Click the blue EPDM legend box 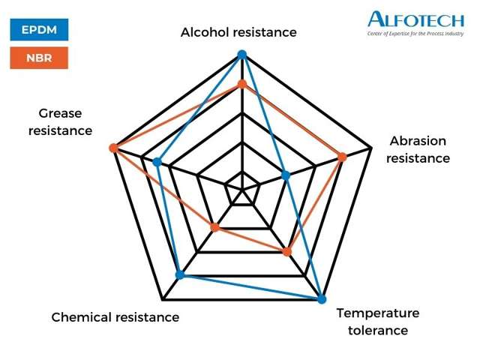pyautogui.click(x=39, y=30)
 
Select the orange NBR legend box pyautogui.click(x=39, y=58)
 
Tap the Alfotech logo pyautogui.click(x=416, y=24)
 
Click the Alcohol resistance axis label pyautogui.click(x=238, y=32)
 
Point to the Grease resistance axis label pyautogui.click(x=60, y=121)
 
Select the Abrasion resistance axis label pyautogui.click(x=418, y=149)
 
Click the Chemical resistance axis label pyautogui.click(x=115, y=317)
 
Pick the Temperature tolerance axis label pyautogui.click(x=378, y=322)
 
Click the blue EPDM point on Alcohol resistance pyautogui.click(x=242, y=55)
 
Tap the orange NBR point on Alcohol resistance pyautogui.click(x=242, y=84)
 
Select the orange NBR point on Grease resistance pyautogui.click(x=113, y=148)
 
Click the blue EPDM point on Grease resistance pyautogui.click(x=157, y=162)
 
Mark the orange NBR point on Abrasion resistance pyautogui.click(x=342, y=157)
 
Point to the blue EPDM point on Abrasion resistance pyautogui.click(x=286, y=175)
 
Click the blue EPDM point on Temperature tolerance pyautogui.click(x=322, y=299)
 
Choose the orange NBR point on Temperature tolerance pyautogui.click(x=286, y=252)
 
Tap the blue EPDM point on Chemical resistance pyautogui.click(x=180, y=274)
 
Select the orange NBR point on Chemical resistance pyautogui.click(x=215, y=227)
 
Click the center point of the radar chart pyautogui.click(x=242, y=190)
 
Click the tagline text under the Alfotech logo pyautogui.click(x=415, y=34)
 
